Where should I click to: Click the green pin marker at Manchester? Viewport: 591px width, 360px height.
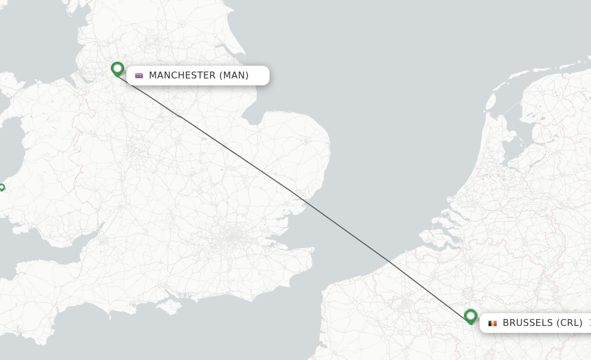[x=117, y=69]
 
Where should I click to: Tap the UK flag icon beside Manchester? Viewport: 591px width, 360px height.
[x=139, y=76]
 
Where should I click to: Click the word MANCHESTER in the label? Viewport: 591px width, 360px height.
[x=182, y=76]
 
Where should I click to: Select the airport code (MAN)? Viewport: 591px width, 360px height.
[x=234, y=76]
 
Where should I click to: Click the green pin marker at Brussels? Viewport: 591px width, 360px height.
[x=470, y=316]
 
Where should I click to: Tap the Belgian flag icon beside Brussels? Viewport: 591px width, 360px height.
[x=492, y=323]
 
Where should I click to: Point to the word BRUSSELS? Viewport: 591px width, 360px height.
[x=528, y=323]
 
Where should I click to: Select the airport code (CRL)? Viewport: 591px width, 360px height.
[x=569, y=323]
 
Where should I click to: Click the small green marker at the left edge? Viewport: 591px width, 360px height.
[x=2, y=187]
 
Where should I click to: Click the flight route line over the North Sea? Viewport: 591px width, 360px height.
[x=346, y=231]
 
